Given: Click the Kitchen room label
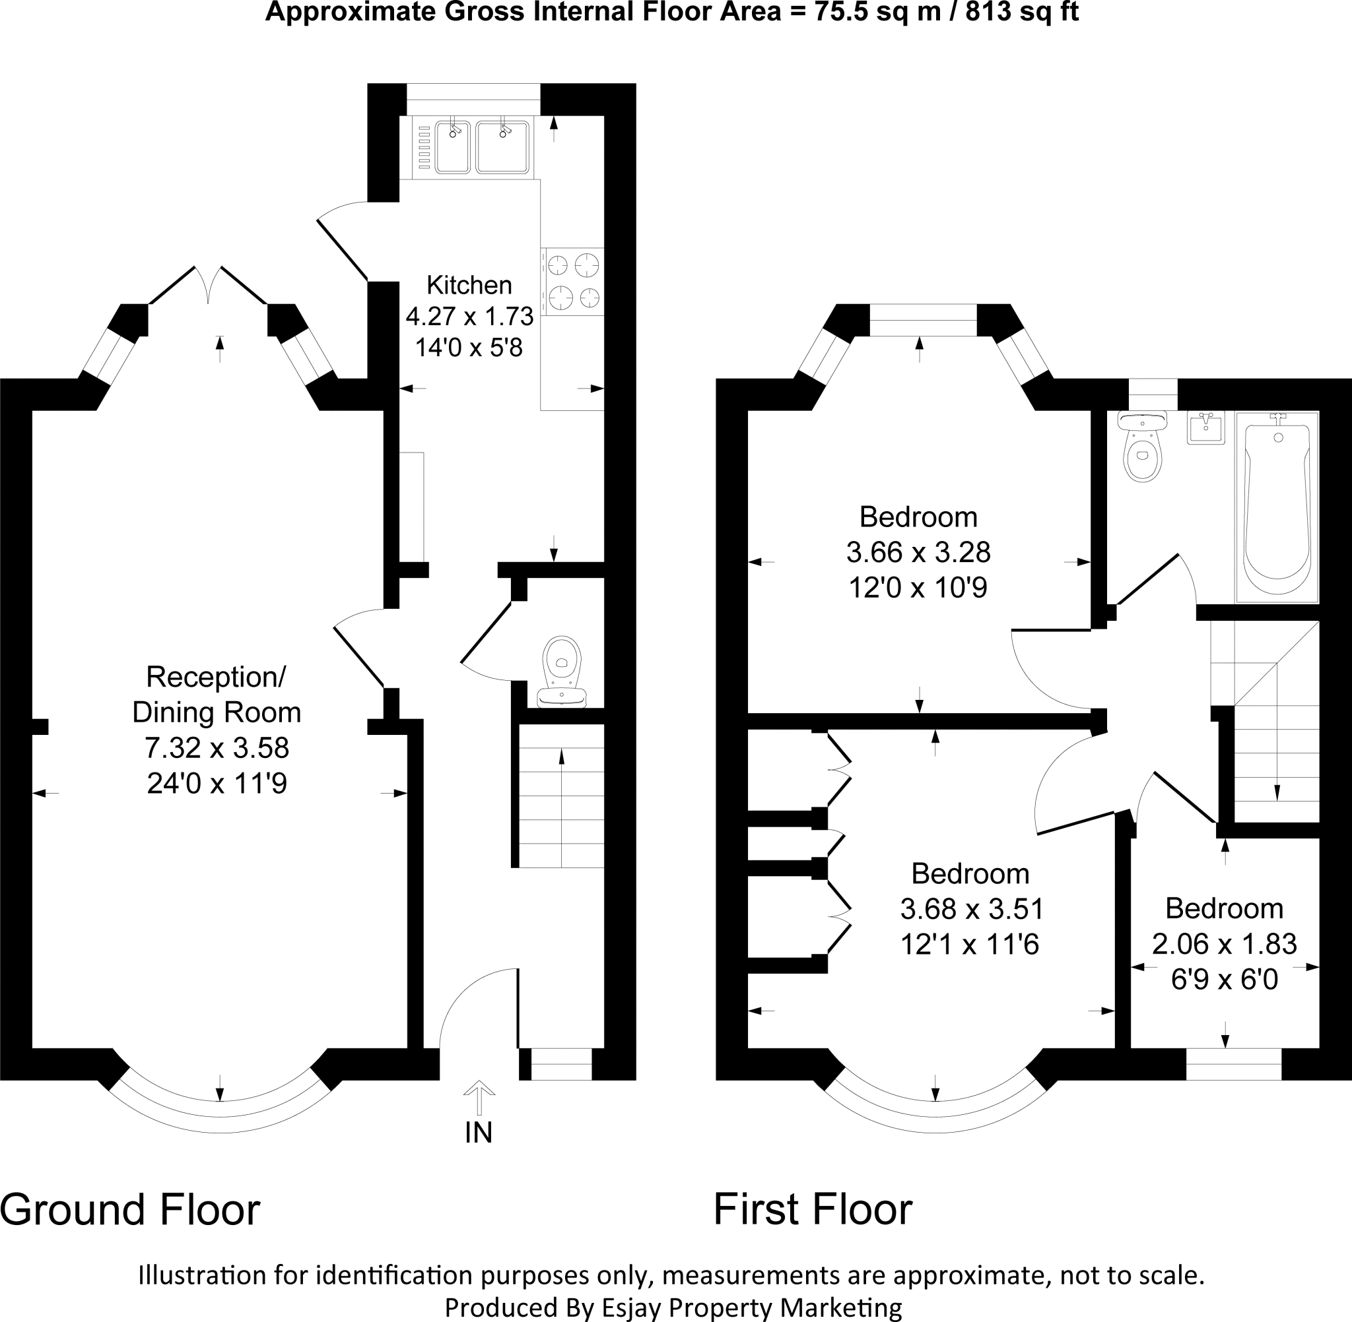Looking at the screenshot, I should pos(469,286).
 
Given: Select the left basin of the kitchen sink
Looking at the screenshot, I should pos(453,147).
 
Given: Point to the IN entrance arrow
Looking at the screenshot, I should pos(479,1098).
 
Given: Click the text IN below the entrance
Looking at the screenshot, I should pos(479,1133).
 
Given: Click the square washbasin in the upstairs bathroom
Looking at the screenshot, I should pos(1206,427).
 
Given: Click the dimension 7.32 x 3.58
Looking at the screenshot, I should pos(217,748).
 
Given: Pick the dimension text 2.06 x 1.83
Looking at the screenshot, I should pos(1224,943).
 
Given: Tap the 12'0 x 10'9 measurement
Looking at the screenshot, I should pos(918,588).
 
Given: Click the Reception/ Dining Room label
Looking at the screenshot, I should pos(217,695).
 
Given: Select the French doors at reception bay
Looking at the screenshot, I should pos(209,286).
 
